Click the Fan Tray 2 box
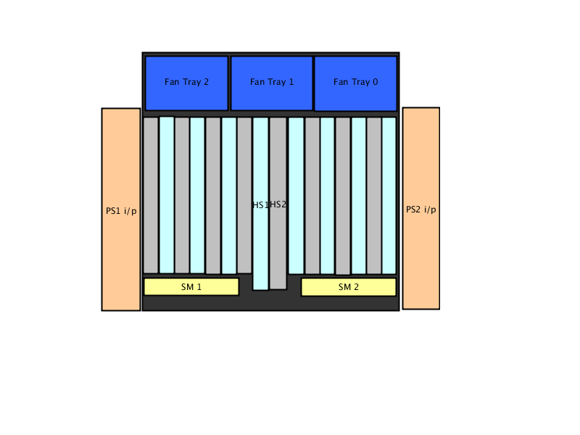pyautogui.click(x=186, y=83)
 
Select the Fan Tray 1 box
pyautogui.click(x=271, y=83)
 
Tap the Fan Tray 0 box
pyautogui.click(x=355, y=83)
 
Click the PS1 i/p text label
pyautogui.click(x=121, y=211)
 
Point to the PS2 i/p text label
pyautogui.click(x=421, y=210)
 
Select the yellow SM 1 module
pyautogui.click(x=191, y=286)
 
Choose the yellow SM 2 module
pyautogui.click(x=349, y=287)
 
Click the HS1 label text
pyautogui.click(x=260, y=205)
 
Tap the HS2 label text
pyautogui.click(x=278, y=204)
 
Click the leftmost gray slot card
pyautogui.click(x=151, y=195)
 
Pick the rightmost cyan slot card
pyautogui.click(x=389, y=196)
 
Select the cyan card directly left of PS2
pyautogui.click(x=389, y=196)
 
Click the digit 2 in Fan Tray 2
pyautogui.click(x=206, y=82)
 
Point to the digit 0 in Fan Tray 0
pyautogui.click(x=375, y=82)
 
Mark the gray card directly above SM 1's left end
pyautogui.click(x=151, y=195)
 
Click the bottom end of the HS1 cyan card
pyautogui.click(x=260, y=289)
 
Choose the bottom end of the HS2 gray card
pyautogui.click(x=278, y=289)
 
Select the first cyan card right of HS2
pyautogui.click(x=296, y=196)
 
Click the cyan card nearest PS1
pyautogui.click(x=167, y=195)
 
